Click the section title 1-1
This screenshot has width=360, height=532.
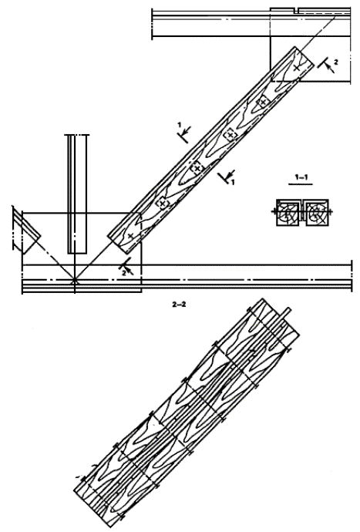301,177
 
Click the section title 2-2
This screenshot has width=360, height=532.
179,305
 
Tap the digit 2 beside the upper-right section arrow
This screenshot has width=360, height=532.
336,62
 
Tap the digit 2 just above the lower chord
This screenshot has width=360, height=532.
124,272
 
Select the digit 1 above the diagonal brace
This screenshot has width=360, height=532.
180,125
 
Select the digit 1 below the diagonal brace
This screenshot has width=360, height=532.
233,183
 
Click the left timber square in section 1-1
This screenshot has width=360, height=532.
288,213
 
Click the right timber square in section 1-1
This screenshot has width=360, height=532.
317,213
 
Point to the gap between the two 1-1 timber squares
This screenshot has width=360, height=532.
302,213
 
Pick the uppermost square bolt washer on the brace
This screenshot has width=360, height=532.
264,102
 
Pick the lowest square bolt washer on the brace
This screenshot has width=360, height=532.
163,204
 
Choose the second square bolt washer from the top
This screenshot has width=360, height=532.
230,135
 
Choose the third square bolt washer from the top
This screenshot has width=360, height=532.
197,168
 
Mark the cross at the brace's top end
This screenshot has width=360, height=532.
297,68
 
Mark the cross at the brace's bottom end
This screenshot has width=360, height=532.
130,236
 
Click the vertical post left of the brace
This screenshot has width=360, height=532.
77,194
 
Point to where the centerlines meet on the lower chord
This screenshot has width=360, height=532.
75,281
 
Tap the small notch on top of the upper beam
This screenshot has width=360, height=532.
296,11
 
